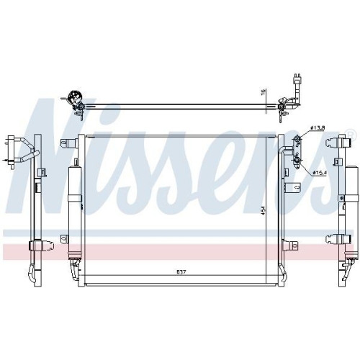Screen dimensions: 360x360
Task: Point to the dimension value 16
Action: [x=264, y=91]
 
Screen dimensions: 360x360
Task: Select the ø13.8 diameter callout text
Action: [x=318, y=127]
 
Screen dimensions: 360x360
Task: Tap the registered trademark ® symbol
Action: [x=351, y=133]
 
